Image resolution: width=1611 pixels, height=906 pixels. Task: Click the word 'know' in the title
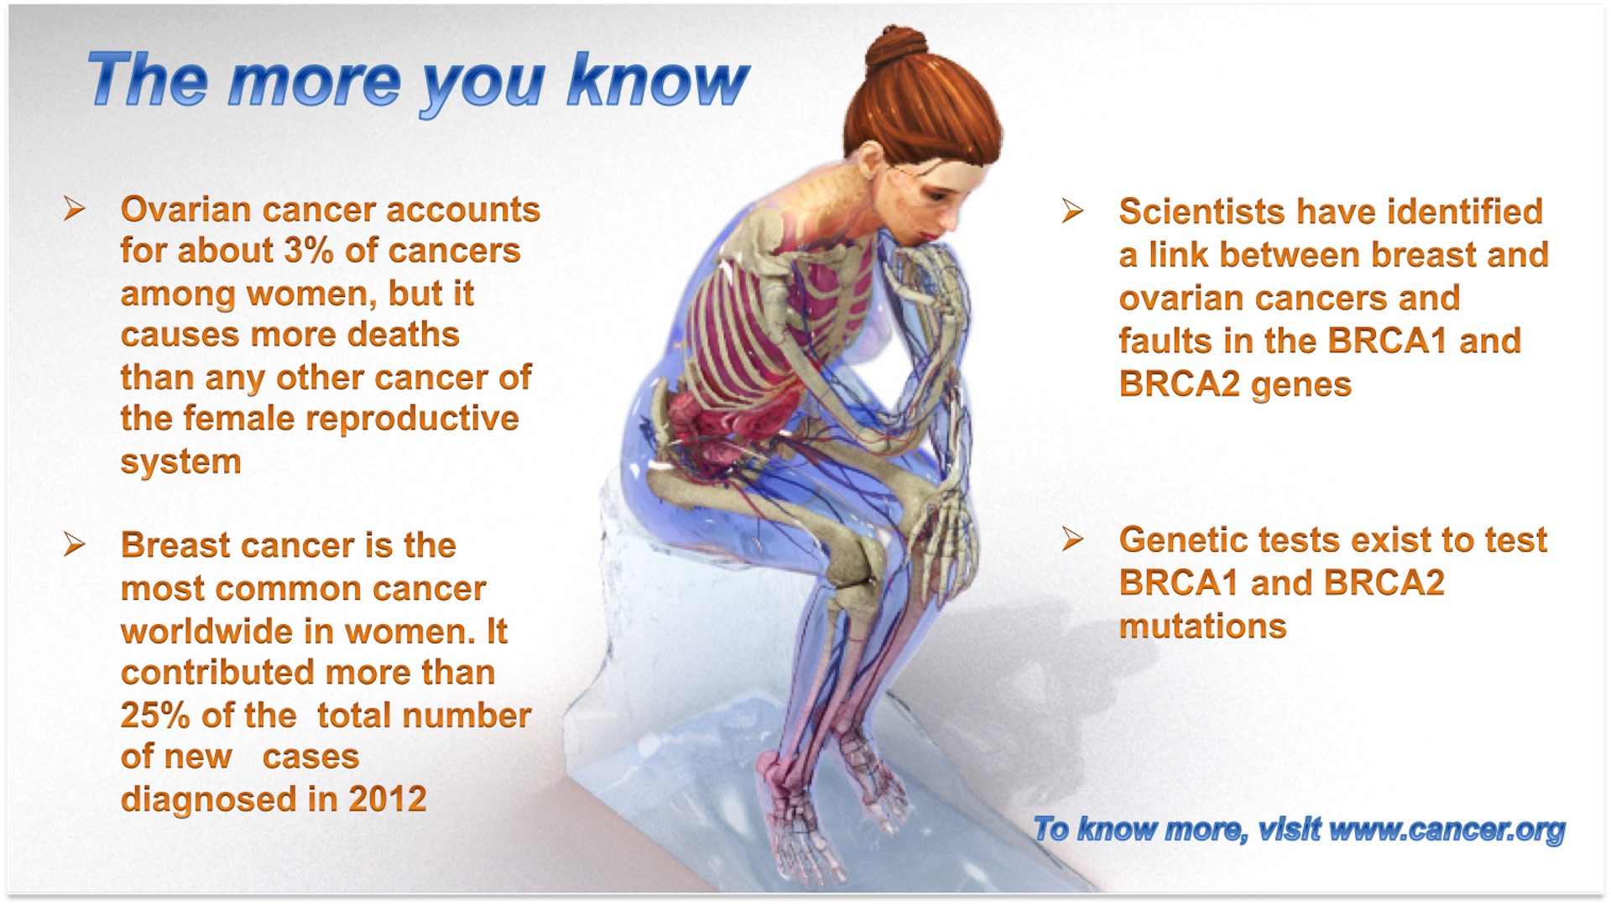(x=657, y=81)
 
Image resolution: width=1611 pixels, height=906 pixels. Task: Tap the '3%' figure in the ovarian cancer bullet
(x=308, y=251)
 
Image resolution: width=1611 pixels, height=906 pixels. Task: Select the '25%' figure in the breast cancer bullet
(x=155, y=716)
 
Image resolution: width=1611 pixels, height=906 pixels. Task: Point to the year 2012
(x=388, y=799)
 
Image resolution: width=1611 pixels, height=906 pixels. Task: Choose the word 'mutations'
(x=1202, y=627)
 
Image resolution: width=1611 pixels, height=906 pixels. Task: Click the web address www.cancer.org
(x=1447, y=830)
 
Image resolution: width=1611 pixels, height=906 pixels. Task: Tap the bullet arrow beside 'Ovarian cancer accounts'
(x=75, y=209)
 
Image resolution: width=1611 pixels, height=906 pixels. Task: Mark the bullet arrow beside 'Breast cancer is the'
(x=75, y=545)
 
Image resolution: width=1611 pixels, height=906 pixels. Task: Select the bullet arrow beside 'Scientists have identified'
(x=1072, y=211)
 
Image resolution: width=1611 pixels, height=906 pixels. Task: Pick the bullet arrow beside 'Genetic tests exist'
(x=1072, y=539)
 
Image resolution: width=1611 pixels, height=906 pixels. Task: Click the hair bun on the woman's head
(x=897, y=49)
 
